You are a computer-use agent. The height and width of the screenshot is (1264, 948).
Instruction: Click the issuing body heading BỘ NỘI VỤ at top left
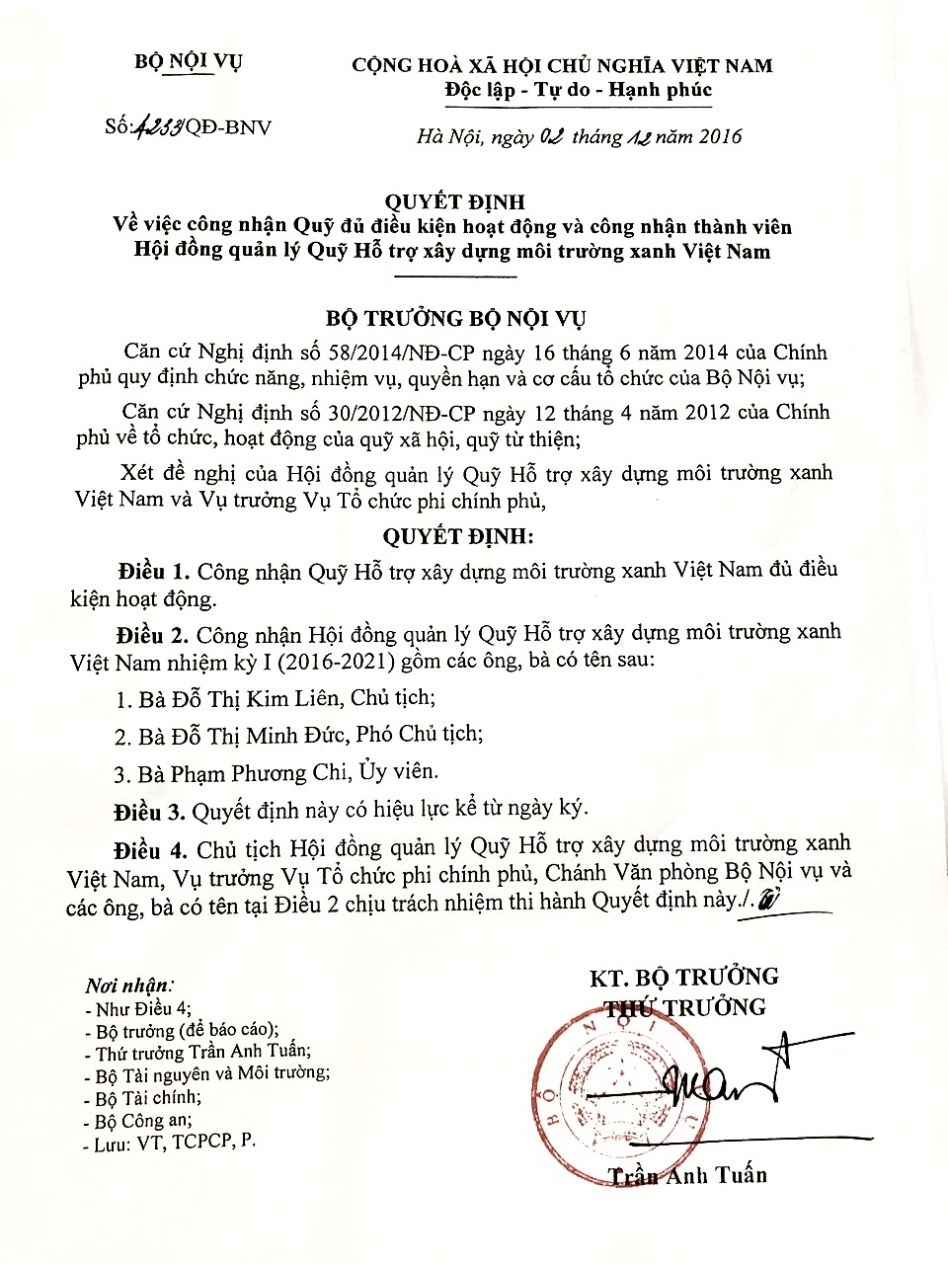tap(188, 62)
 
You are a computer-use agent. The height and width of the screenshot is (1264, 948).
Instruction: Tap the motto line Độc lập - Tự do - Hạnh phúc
tap(578, 91)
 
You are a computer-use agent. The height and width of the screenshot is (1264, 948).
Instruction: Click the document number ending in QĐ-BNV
tap(188, 127)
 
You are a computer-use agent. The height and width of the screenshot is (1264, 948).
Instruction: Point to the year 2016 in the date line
tap(720, 137)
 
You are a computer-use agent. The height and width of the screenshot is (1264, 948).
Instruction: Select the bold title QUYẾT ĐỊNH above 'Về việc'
tap(454, 202)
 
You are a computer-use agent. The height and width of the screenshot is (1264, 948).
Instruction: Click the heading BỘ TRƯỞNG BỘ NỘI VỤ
tap(455, 318)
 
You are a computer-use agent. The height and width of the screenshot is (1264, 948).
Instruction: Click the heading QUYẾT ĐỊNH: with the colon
tap(457, 536)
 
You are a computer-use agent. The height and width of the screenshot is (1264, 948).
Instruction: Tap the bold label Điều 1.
tap(152, 572)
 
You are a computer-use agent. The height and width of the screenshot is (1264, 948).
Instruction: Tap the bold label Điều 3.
tap(149, 812)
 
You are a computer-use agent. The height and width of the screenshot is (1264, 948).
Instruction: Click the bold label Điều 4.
tap(150, 850)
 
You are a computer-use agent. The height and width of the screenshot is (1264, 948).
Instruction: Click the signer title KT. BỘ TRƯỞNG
tap(683, 978)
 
